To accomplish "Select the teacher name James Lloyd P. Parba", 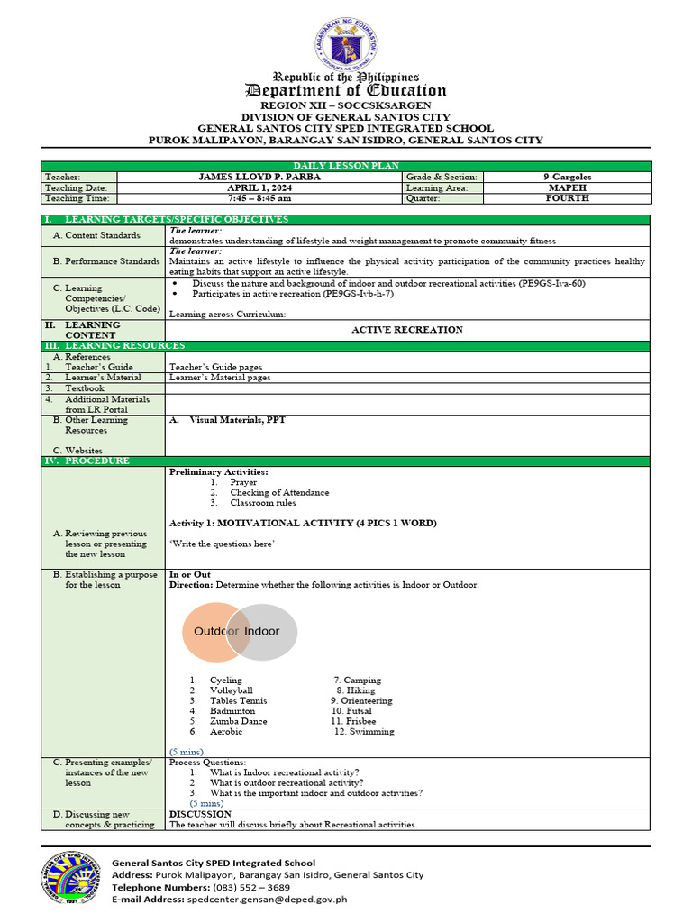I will tap(259, 178).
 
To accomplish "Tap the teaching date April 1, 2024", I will tap(259, 187).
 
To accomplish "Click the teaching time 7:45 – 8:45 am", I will tap(259, 198).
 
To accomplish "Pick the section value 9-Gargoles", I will tap(567, 178).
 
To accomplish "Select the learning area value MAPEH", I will tap(567, 187).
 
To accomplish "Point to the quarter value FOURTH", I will tap(567, 198).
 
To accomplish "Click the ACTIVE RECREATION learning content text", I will tap(406, 330).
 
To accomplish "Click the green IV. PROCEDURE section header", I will tap(90, 461).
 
